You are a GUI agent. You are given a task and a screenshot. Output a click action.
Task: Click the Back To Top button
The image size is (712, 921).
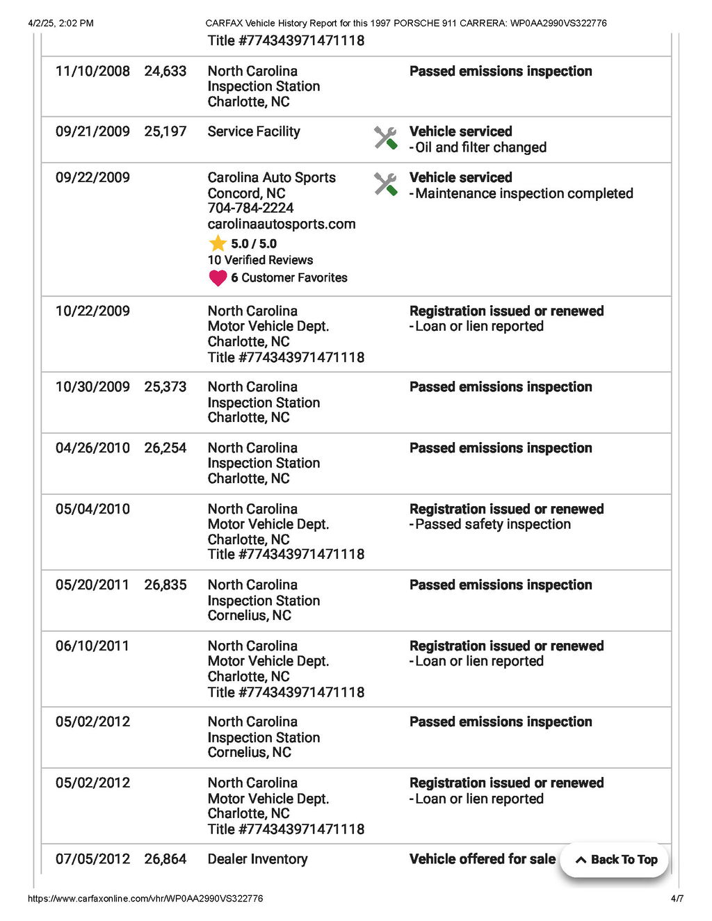tap(615, 860)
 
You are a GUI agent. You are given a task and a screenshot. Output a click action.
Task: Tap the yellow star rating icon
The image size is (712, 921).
tap(218, 243)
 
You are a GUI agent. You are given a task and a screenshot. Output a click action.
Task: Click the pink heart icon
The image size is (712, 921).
tap(218, 278)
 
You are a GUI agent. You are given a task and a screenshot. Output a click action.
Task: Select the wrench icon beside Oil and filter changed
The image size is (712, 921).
tap(385, 138)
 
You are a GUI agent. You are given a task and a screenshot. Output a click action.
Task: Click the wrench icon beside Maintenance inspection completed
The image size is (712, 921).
tap(385, 184)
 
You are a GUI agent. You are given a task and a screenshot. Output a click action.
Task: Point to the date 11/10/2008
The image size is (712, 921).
tap(92, 72)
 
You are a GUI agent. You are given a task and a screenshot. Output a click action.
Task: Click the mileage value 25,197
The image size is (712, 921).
tap(165, 131)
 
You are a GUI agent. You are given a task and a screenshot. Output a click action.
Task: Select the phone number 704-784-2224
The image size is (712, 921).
tap(250, 208)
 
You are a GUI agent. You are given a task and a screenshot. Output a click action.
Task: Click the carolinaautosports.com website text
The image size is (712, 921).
tap(281, 224)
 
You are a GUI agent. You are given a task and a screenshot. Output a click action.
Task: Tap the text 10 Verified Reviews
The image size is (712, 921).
tap(260, 260)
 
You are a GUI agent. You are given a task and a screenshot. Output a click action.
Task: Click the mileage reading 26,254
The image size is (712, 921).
tap(165, 448)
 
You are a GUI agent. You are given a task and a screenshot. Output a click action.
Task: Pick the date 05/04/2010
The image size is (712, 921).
tap(92, 510)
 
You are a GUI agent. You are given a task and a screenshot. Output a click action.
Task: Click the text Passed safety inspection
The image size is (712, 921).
tap(492, 525)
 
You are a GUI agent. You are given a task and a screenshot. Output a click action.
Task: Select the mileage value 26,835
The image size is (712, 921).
tap(165, 585)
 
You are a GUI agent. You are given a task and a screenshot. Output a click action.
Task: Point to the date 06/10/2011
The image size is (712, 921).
tap(92, 646)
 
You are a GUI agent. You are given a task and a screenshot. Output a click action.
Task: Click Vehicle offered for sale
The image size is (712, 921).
tap(482, 859)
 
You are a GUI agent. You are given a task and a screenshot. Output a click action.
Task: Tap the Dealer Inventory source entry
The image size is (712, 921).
tap(257, 859)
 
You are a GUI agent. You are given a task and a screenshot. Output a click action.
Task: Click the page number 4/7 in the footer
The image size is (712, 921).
tap(677, 899)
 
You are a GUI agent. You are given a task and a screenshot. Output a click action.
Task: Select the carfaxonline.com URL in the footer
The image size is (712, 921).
tap(145, 899)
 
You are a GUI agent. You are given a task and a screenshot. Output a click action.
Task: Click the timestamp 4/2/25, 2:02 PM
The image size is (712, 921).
tap(60, 23)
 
